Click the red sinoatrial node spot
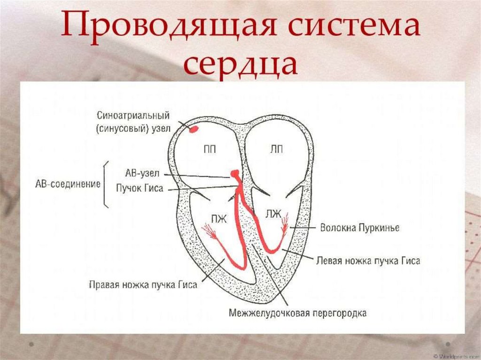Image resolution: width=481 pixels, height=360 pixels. coord(193,129)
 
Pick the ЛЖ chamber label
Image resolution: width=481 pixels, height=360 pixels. coord(273,214)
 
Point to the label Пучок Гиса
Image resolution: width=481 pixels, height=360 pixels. coord(140,188)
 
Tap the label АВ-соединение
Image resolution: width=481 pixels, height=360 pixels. coord(68,184)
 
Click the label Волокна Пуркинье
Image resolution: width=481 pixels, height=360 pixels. coord(359,228)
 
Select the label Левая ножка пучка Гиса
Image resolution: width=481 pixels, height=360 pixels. coord(368,260)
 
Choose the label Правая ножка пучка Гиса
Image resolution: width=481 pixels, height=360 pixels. coord(143,284)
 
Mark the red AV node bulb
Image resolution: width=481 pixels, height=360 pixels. coord(235,175)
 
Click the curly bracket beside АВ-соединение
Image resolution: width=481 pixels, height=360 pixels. coord(106,184)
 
